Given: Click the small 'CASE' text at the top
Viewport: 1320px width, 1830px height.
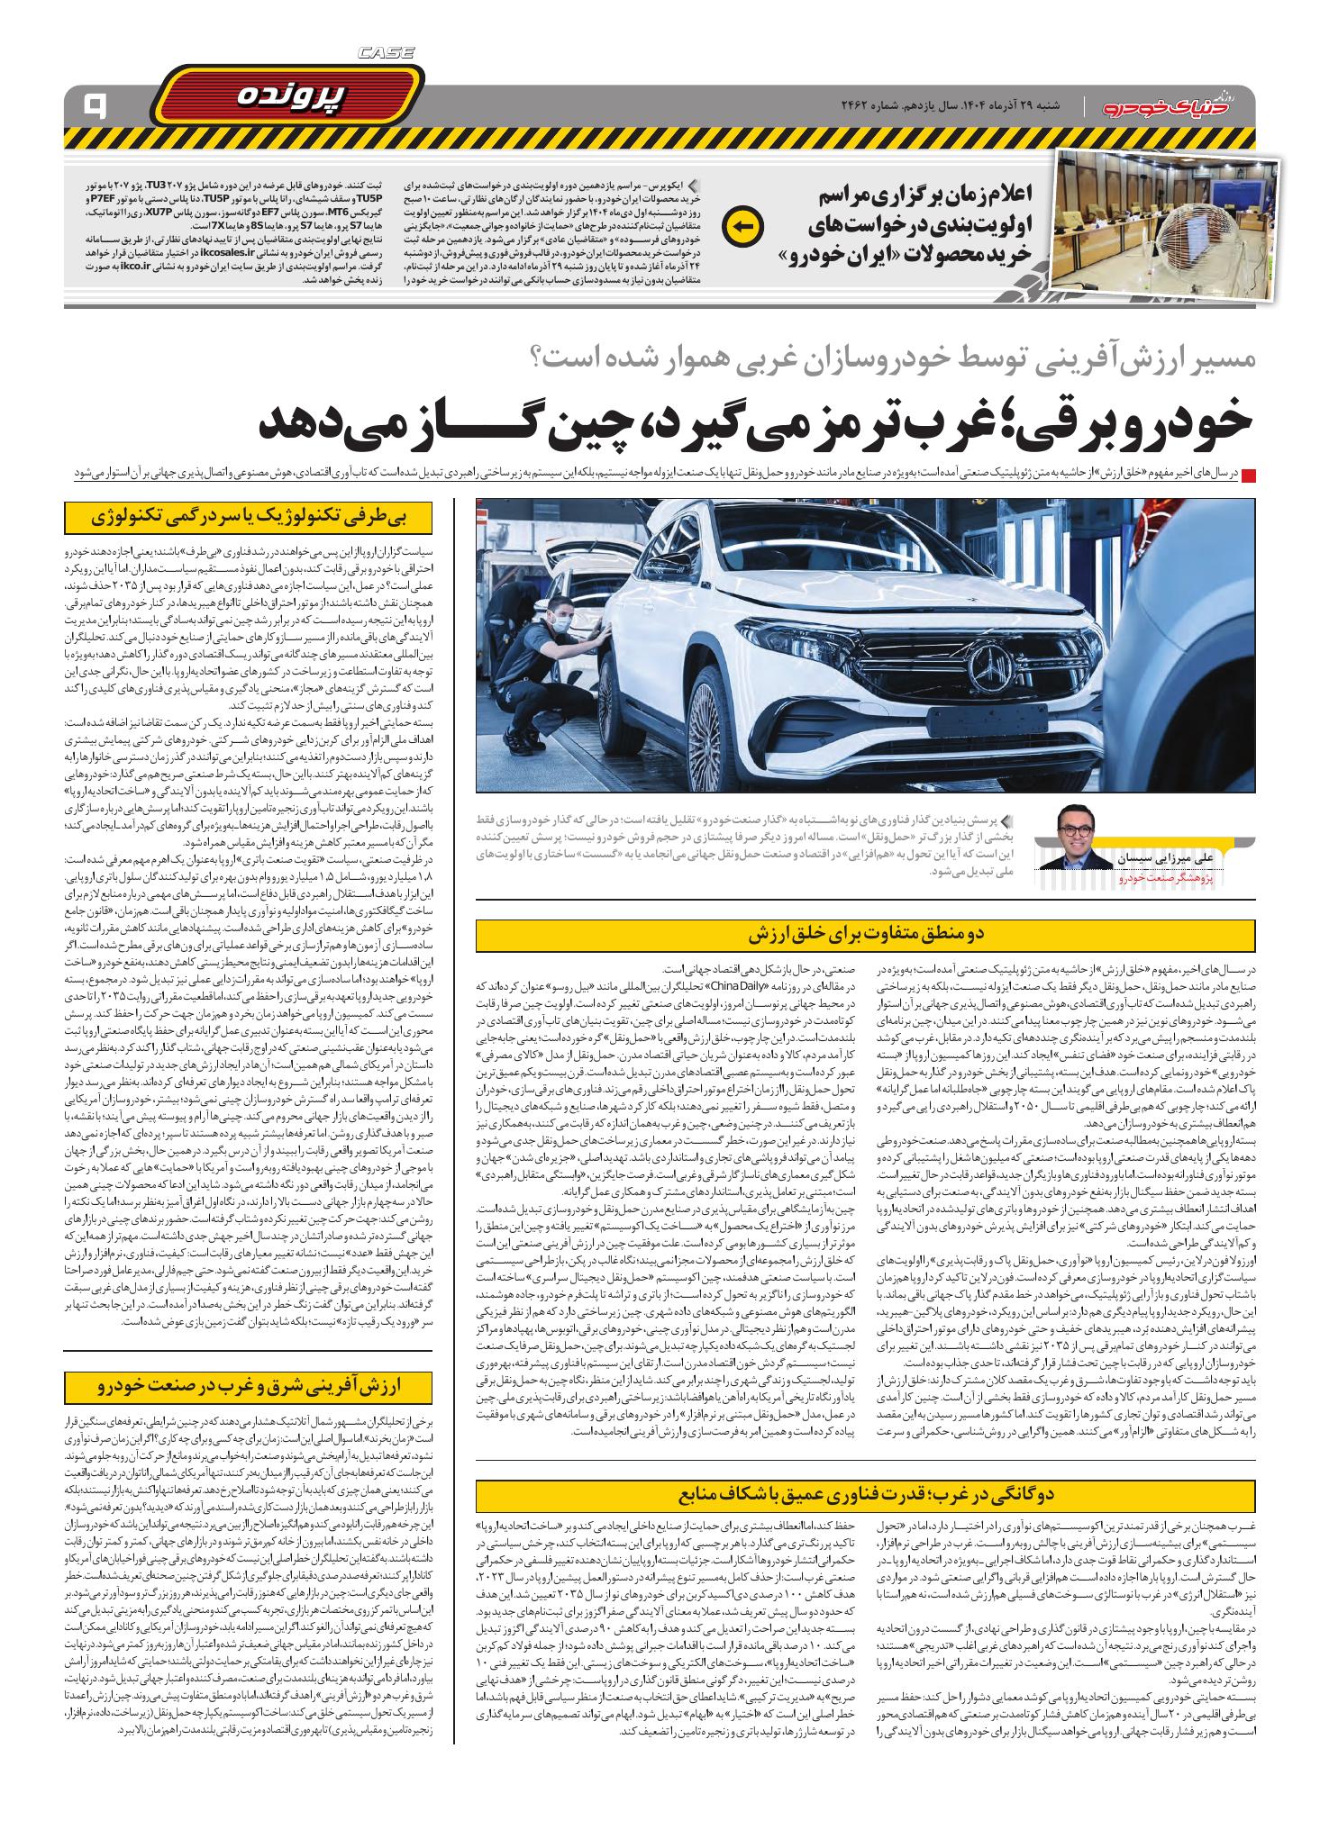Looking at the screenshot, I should click(x=386, y=54).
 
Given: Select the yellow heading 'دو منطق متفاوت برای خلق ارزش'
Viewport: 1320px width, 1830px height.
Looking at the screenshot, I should click(x=866, y=933).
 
